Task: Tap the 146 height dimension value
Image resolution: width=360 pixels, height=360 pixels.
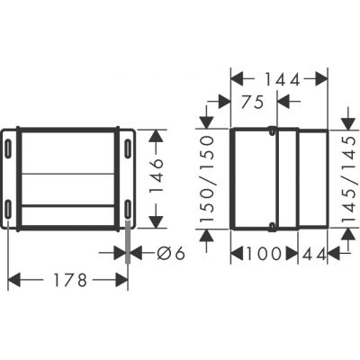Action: point(156,176)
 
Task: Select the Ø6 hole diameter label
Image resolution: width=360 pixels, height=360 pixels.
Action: point(168,254)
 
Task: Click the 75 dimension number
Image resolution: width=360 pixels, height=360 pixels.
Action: point(253,102)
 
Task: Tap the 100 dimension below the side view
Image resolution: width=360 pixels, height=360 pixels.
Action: point(265,255)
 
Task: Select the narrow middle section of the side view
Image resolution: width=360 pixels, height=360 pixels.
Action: point(287,177)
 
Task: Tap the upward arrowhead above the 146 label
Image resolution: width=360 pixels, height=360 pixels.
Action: point(156,135)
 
